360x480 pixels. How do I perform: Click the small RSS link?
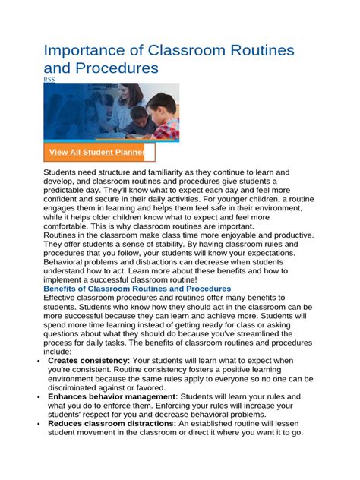click(49, 79)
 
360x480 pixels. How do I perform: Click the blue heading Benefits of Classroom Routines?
click(137, 289)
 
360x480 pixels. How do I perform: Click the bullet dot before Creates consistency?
click(39, 361)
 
